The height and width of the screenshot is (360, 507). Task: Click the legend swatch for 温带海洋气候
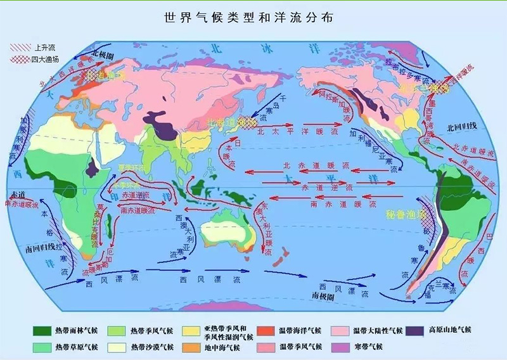266,330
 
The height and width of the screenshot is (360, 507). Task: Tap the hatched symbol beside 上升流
20,48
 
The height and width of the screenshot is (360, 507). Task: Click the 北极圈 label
104,55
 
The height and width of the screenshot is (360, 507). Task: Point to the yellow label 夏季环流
131,168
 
